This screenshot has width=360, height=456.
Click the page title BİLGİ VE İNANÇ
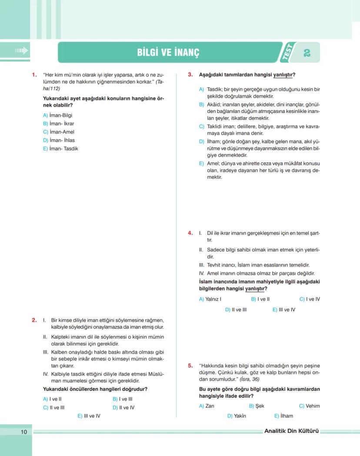168,53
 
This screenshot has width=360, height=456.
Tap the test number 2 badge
307,53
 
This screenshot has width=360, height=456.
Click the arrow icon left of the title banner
21,51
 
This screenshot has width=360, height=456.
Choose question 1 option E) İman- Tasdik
60,149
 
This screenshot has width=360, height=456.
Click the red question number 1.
34,74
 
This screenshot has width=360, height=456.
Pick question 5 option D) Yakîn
237,416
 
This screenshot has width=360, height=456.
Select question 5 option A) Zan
207,406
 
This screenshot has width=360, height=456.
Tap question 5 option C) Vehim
309,406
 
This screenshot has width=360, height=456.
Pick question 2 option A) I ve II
52,399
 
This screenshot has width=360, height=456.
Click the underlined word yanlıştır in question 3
283,75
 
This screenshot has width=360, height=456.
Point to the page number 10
23,432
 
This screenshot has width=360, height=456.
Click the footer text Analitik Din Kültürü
291,431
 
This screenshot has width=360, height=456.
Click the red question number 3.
190,74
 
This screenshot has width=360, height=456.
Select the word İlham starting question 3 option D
213,142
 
